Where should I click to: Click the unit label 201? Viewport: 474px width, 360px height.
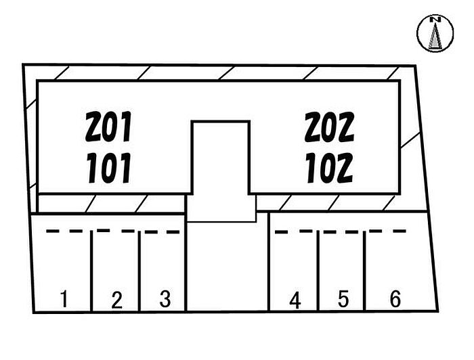point(108,127)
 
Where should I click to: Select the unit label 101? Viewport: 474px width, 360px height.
point(109,168)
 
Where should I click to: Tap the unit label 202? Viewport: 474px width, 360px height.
point(329,127)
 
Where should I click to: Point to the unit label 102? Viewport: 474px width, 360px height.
point(329,168)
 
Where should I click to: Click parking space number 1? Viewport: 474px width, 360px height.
point(64,299)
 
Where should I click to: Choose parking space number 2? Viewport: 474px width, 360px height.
point(116,300)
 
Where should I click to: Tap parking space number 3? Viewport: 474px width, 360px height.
point(165,299)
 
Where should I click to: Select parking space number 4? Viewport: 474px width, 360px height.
point(295,300)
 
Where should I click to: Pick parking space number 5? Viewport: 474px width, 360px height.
point(343,298)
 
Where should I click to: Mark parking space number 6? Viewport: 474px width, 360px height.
point(395,298)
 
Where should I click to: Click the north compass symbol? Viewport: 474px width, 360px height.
point(435,33)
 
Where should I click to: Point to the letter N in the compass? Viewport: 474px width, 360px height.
point(435,20)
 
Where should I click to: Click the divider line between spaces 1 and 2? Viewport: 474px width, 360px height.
point(91,271)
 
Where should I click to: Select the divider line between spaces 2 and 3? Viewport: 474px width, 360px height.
point(139,271)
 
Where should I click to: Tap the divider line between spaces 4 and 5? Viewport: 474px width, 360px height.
point(318,270)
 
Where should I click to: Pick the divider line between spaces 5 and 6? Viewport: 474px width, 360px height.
point(364,271)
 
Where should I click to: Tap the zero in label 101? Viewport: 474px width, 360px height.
point(110,168)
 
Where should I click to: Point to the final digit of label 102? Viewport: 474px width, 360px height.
point(345,168)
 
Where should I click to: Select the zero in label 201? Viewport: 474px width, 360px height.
point(110,127)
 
